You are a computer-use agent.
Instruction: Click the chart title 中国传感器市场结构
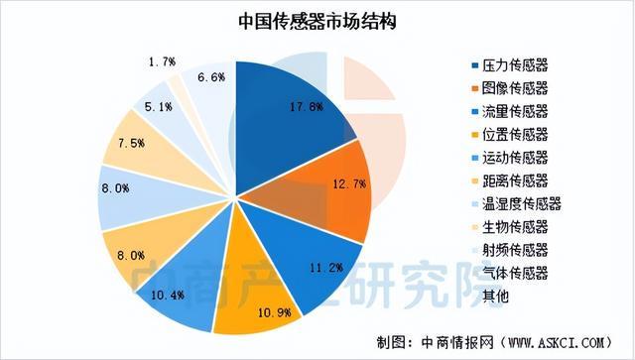317,21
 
